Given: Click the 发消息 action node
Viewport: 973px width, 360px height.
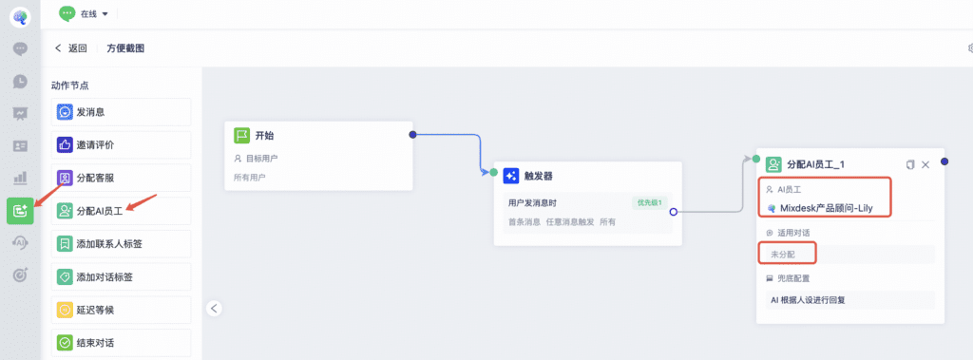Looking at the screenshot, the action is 121,112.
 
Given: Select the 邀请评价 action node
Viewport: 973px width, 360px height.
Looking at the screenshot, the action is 121,145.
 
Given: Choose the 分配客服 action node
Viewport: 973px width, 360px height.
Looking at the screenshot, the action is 121,179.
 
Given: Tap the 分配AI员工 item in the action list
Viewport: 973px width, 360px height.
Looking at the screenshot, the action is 121,211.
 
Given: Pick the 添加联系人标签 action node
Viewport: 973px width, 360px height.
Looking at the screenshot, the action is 121,244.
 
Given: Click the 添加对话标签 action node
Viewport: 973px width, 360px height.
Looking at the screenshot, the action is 121,276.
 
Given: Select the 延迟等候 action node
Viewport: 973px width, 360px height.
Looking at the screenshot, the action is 121,310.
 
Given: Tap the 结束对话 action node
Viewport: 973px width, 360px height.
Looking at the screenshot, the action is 121,343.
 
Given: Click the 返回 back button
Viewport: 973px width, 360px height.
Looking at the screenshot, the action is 70,48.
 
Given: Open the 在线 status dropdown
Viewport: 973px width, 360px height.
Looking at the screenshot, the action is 84,13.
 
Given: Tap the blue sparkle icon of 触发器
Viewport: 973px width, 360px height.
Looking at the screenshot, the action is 510,177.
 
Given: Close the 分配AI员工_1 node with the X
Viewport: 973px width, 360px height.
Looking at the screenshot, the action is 925,164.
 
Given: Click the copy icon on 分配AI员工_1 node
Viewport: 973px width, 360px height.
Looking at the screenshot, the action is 909,164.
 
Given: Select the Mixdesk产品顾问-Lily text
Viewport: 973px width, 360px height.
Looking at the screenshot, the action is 826,209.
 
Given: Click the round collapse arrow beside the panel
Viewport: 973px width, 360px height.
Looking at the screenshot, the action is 214,308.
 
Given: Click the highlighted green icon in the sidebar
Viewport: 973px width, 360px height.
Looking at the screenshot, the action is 20,211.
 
